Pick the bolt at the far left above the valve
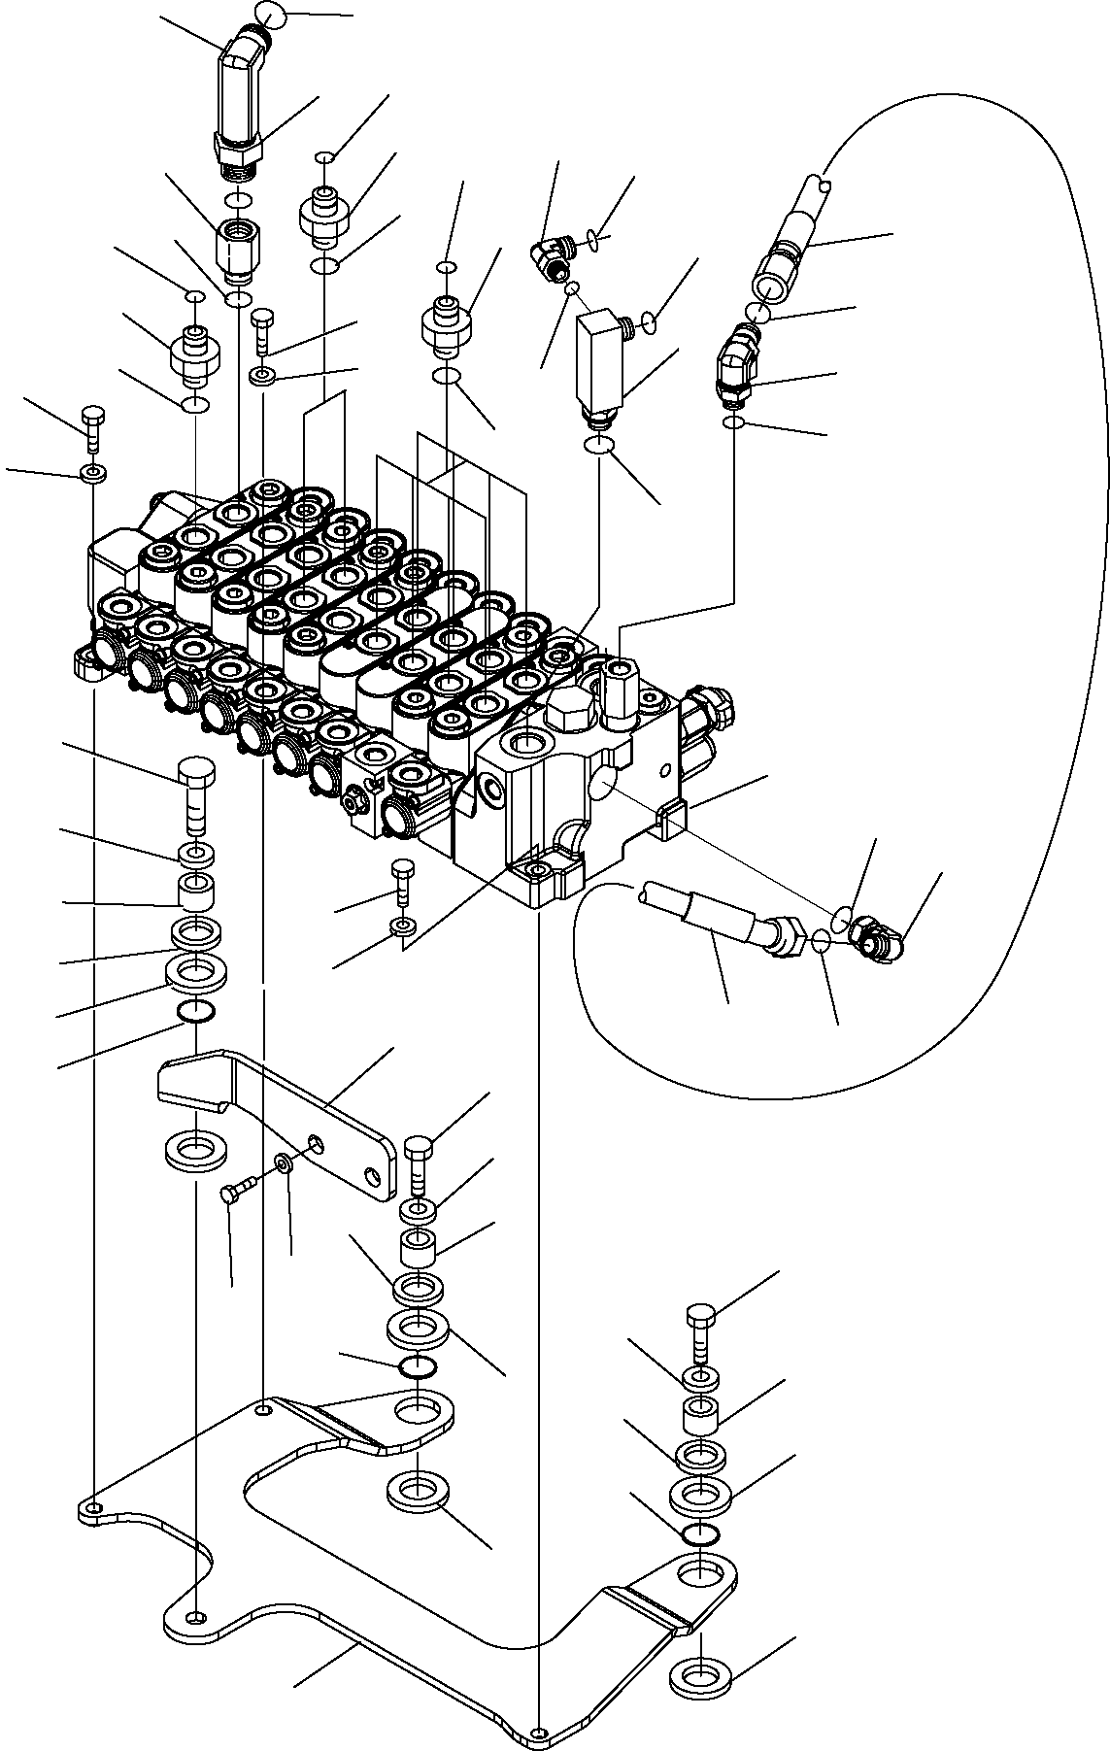[93, 427]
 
